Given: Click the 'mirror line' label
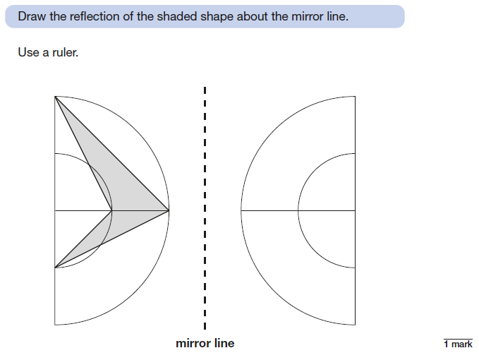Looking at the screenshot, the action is (x=205, y=344).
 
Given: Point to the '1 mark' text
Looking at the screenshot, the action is (x=458, y=344).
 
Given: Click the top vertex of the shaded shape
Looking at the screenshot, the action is (x=54, y=96).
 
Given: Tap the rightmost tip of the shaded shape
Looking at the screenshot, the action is (x=169, y=210).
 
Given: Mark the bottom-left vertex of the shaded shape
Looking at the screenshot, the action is (x=54, y=268).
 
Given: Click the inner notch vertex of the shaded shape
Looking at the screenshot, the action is (x=111, y=210).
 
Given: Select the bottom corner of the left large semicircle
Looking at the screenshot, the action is (x=54, y=325).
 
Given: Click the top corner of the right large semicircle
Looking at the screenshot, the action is (x=355, y=96).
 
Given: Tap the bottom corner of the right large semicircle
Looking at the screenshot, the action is (x=355, y=325).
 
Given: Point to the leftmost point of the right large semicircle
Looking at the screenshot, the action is (x=241, y=210).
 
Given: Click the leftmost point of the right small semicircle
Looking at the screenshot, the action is (x=298, y=210).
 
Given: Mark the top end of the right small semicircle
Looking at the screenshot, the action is (x=355, y=153).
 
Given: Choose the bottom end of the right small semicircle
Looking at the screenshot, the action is (x=355, y=268).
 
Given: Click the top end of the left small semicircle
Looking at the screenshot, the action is (x=54, y=153).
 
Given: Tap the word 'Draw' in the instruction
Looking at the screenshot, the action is (x=32, y=16).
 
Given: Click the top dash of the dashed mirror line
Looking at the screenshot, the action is (x=205, y=90).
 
